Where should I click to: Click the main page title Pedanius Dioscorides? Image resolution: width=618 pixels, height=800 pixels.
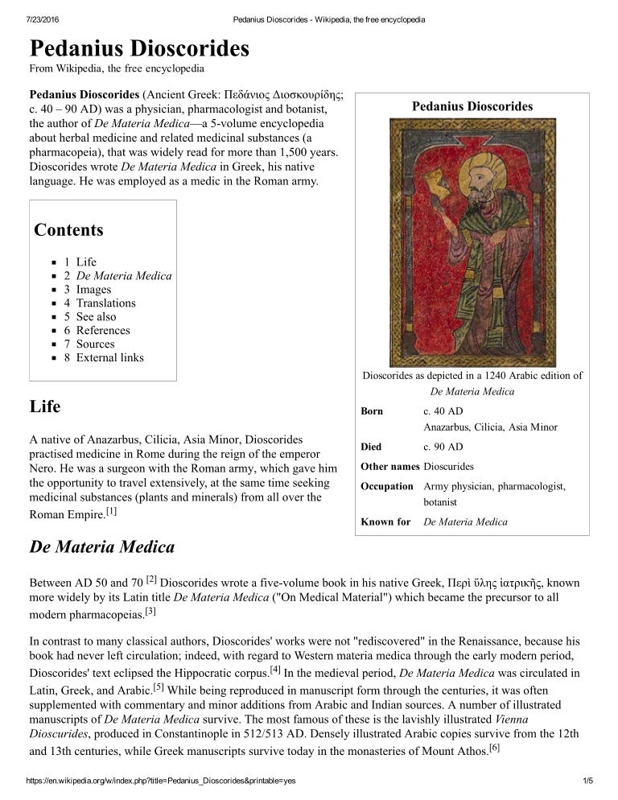tap(138, 47)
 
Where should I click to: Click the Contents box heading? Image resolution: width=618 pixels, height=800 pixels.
tap(68, 230)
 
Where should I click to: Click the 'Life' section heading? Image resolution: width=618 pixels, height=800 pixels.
tap(44, 406)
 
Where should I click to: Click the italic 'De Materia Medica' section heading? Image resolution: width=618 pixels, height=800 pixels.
tap(101, 547)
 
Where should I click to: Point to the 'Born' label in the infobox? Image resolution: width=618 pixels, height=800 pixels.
tap(372, 411)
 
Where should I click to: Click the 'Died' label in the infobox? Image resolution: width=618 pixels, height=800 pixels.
tap(371, 447)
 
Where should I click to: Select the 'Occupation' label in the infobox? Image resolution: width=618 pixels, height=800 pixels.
tap(387, 486)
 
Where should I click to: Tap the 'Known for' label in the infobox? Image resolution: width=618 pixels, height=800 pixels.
tap(385, 522)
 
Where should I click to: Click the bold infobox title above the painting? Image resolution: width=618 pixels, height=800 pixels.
tap(472, 106)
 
